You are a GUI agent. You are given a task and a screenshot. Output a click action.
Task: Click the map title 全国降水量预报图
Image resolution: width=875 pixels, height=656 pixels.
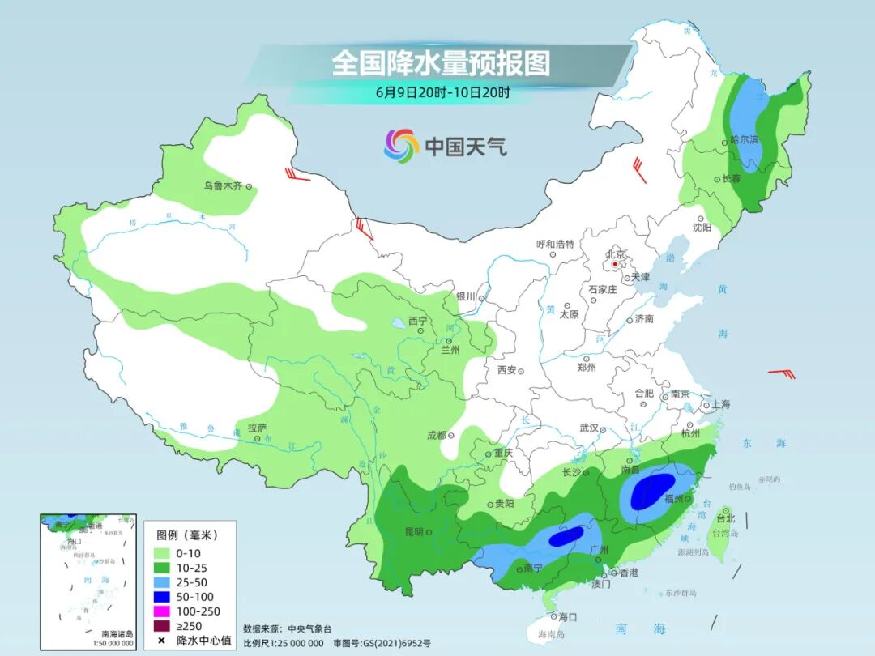[441, 63]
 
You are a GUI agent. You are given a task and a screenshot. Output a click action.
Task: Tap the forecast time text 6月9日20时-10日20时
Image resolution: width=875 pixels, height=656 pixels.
[442, 92]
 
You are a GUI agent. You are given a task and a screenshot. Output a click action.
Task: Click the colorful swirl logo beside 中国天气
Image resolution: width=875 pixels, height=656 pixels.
[401, 146]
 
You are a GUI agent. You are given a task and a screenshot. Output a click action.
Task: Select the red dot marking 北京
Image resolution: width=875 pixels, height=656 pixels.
[616, 264]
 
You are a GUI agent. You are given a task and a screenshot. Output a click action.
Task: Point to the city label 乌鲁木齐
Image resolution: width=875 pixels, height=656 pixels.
[223, 186]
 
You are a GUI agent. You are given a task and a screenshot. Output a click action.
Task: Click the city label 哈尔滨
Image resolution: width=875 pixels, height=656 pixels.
[744, 140]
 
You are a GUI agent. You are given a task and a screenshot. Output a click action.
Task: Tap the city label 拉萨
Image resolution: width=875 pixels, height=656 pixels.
[257, 428]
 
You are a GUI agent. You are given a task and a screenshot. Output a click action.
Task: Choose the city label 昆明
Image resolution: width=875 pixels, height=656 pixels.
[413, 532]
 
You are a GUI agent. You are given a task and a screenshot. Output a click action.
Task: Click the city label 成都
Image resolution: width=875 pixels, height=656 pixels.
[437, 435]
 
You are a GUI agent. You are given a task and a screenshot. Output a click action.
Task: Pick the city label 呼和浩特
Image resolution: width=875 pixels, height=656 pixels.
[555, 244]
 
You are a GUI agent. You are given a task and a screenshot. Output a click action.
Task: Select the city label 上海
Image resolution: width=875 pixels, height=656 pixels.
[719, 404]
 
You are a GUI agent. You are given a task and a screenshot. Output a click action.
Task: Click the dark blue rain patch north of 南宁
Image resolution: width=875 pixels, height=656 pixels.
[566, 535]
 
